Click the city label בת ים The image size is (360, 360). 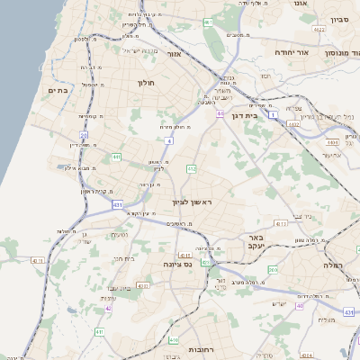[x=58, y=90]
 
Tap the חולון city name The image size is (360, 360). [x=147, y=83]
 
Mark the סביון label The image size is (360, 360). [x=339, y=19]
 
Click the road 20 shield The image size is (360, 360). [x=84, y=136]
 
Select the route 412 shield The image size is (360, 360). [x=191, y=168]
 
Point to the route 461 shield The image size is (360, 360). [x=208, y=22]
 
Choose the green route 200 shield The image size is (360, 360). [x=272, y=270]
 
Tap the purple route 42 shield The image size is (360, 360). [x=108, y=309]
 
